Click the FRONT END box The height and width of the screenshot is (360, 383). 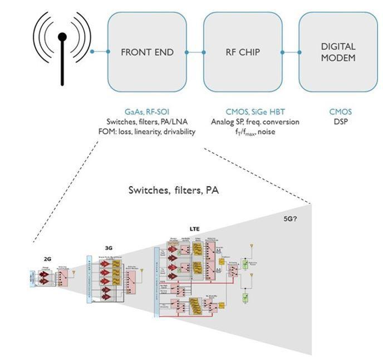(x=147, y=52)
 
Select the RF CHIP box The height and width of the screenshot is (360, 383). (x=242, y=52)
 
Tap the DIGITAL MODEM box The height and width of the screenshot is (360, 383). (x=338, y=52)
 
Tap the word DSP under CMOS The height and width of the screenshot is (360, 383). (x=341, y=121)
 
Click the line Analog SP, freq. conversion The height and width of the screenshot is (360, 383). (x=255, y=121)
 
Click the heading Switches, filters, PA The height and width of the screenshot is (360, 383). (x=173, y=190)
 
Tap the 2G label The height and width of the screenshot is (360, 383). (x=47, y=259)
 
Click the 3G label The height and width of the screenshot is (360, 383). (x=109, y=248)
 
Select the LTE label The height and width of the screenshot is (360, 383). (x=195, y=229)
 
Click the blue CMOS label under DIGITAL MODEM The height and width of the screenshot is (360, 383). (x=341, y=112)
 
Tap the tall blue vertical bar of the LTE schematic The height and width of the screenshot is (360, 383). (x=156, y=282)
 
